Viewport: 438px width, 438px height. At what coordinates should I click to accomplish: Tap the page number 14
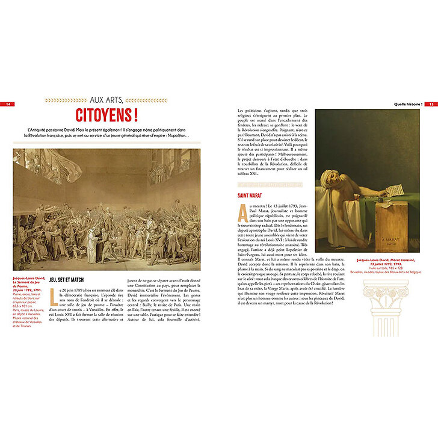(x=8, y=104)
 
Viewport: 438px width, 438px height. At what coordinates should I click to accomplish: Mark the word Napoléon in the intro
(x=176, y=135)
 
